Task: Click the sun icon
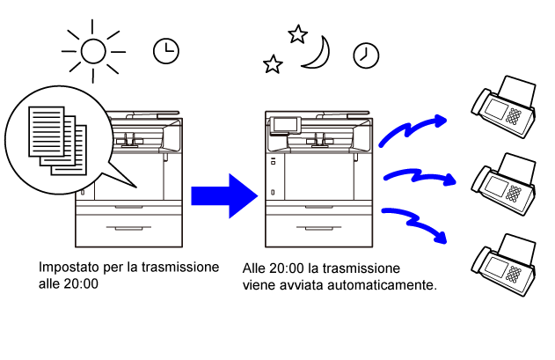click(x=92, y=51)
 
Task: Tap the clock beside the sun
click(x=164, y=51)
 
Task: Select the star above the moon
click(x=297, y=33)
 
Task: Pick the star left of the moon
click(x=274, y=64)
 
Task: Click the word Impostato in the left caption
click(x=68, y=267)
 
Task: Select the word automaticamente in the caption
click(x=391, y=285)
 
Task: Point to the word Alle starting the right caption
click(x=255, y=268)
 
